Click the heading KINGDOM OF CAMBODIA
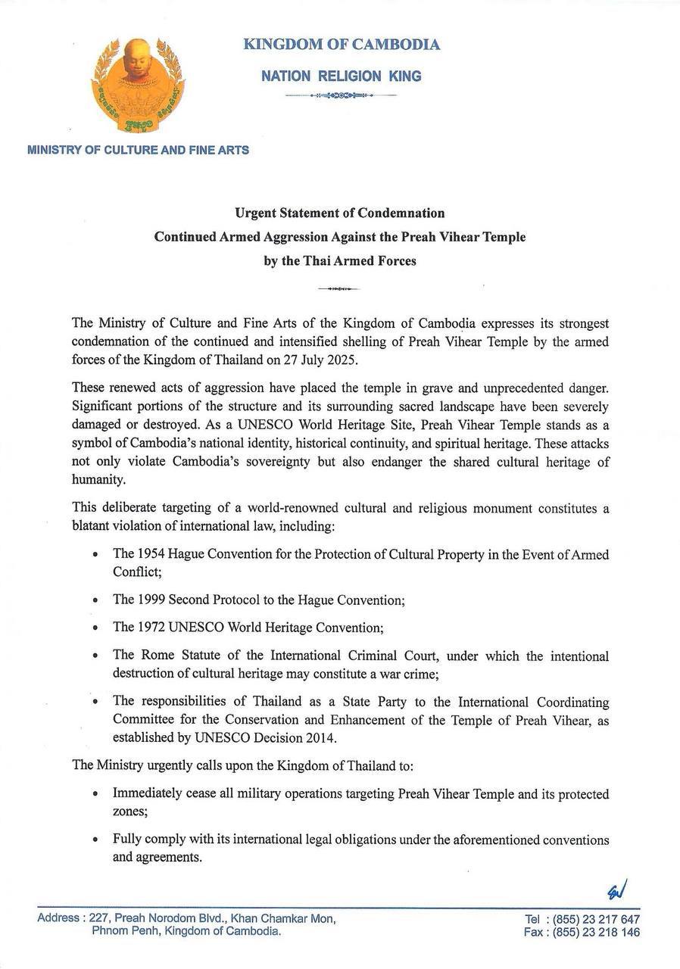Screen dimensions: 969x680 click(x=342, y=45)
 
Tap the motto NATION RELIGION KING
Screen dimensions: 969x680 click(x=341, y=76)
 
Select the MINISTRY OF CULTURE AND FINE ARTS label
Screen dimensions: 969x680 click(x=138, y=150)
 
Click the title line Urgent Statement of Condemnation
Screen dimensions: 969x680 click(x=340, y=213)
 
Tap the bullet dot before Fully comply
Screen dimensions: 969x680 click(x=94, y=840)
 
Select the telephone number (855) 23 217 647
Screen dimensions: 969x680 click(x=596, y=919)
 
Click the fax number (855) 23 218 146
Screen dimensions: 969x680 click(x=596, y=933)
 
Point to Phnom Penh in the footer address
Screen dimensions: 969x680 click(x=125, y=931)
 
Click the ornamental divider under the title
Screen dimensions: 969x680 click(x=340, y=288)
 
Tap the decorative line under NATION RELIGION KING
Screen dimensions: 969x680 click(x=341, y=96)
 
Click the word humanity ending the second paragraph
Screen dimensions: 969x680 click(x=97, y=478)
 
